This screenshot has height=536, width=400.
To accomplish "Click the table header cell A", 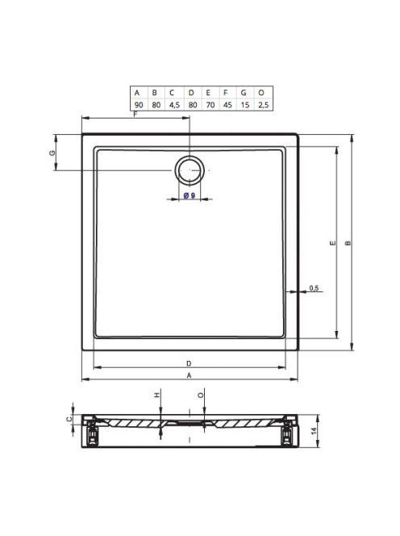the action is (137, 93).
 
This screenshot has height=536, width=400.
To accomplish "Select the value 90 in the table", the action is (139, 105).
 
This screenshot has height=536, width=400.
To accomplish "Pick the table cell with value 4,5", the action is (174, 105).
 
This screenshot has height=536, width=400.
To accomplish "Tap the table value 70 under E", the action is (210, 105).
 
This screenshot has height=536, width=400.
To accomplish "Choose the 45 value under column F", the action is (227, 105).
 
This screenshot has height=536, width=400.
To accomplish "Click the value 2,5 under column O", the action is (264, 105).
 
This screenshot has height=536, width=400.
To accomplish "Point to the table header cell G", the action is (244, 93).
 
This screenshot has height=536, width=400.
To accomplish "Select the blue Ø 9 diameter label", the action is (190, 195).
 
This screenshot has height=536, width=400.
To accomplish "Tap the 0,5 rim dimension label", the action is (314, 288).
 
